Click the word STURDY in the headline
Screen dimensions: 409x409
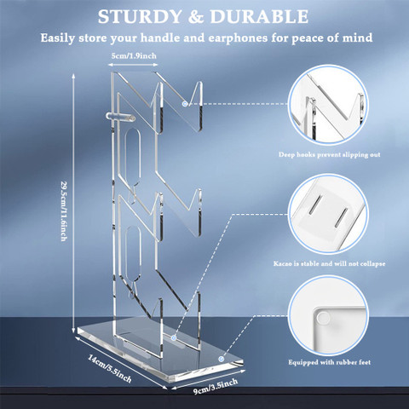[140, 17]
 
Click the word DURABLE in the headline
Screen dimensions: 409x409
[259, 17]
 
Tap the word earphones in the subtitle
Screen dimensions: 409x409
[238, 38]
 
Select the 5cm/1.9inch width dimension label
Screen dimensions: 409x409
[134, 55]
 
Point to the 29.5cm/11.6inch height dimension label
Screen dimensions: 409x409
[64, 211]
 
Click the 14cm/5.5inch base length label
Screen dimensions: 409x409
[110, 368]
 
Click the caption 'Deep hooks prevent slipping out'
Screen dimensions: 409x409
[329, 155]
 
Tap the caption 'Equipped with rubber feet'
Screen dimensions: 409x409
[330, 362]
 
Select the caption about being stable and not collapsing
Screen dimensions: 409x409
[329, 264]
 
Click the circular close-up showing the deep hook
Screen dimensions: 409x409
[328, 105]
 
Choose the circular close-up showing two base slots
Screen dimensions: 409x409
[328, 214]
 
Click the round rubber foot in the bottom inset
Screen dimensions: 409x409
[323, 318]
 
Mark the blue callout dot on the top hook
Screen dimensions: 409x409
[185, 104]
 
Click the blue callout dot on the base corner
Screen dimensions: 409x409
[222, 359]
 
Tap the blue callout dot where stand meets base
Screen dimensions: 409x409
[174, 337]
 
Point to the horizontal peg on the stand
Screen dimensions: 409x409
[120, 117]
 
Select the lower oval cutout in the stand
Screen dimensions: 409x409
[133, 255]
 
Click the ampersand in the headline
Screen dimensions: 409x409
[196, 17]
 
